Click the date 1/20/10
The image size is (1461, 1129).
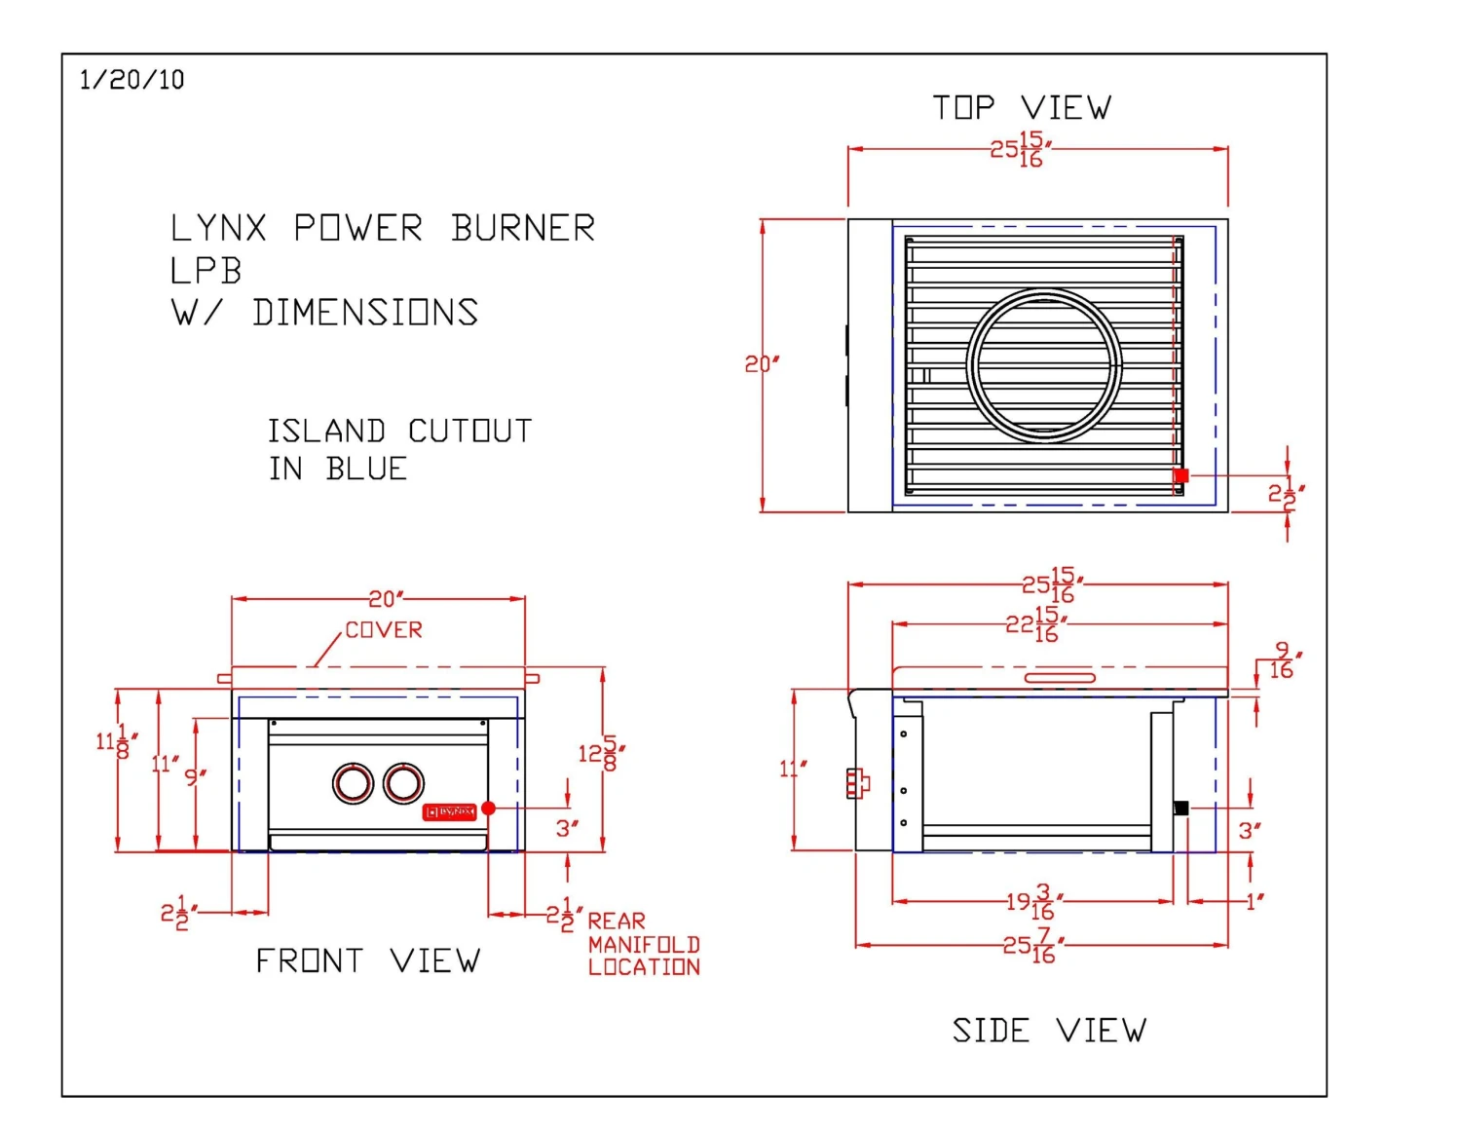tap(131, 80)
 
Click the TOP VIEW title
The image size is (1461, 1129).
tap(1021, 107)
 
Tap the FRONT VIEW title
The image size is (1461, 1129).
tap(367, 961)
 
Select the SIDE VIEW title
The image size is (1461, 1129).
tap(1049, 1030)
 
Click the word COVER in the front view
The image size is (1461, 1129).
tap(384, 630)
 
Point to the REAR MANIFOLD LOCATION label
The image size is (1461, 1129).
tap(643, 944)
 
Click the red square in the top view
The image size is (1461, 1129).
tap(1181, 475)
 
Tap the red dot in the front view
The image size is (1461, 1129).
tap(489, 808)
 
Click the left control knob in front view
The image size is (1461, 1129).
tap(353, 783)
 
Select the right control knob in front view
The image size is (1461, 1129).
tap(403, 782)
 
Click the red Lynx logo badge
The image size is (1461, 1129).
tap(449, 811)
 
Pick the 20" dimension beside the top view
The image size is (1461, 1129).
tap(762, 364)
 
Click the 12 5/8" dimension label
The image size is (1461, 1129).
tap(601, 753)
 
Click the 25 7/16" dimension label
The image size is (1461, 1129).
tap(1032, 945)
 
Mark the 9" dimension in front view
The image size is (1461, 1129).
tap(195, 776)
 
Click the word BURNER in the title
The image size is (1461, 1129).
tap(523, 229)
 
